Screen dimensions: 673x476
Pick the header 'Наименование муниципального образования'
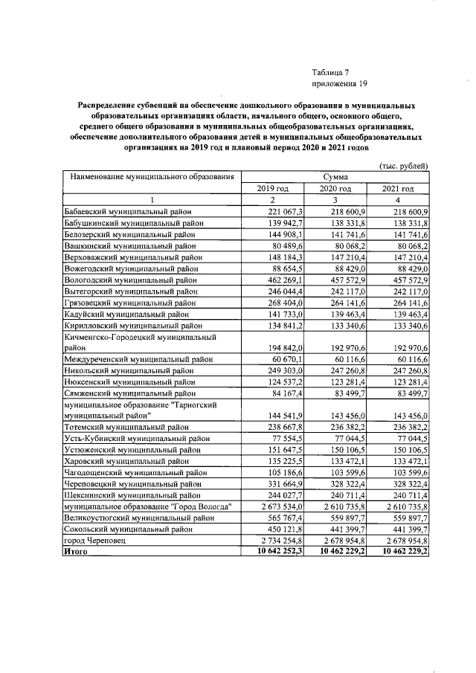click(x=153, y=177)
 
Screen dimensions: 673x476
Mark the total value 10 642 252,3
click(x=273, y=552)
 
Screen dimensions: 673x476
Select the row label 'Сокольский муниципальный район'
click(x=132, y=529)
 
